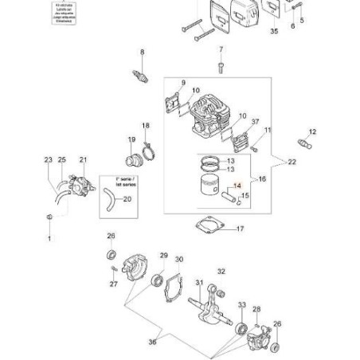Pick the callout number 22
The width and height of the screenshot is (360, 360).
coord(292,162)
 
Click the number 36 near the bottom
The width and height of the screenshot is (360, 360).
coord(152,343)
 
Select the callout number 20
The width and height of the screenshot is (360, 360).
coord(127,199)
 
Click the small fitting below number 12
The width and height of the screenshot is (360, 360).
coord(304,145)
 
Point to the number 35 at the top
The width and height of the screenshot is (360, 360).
coord(275,32)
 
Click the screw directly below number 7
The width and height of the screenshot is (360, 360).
coord(221,67)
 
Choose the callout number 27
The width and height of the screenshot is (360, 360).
coord(113,283)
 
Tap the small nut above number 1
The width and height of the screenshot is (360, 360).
coord(49,217)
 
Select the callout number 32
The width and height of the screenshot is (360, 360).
coord(221,272)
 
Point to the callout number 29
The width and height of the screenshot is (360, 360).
coord(164,256)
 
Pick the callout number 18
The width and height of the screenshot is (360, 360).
coord(146,126)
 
